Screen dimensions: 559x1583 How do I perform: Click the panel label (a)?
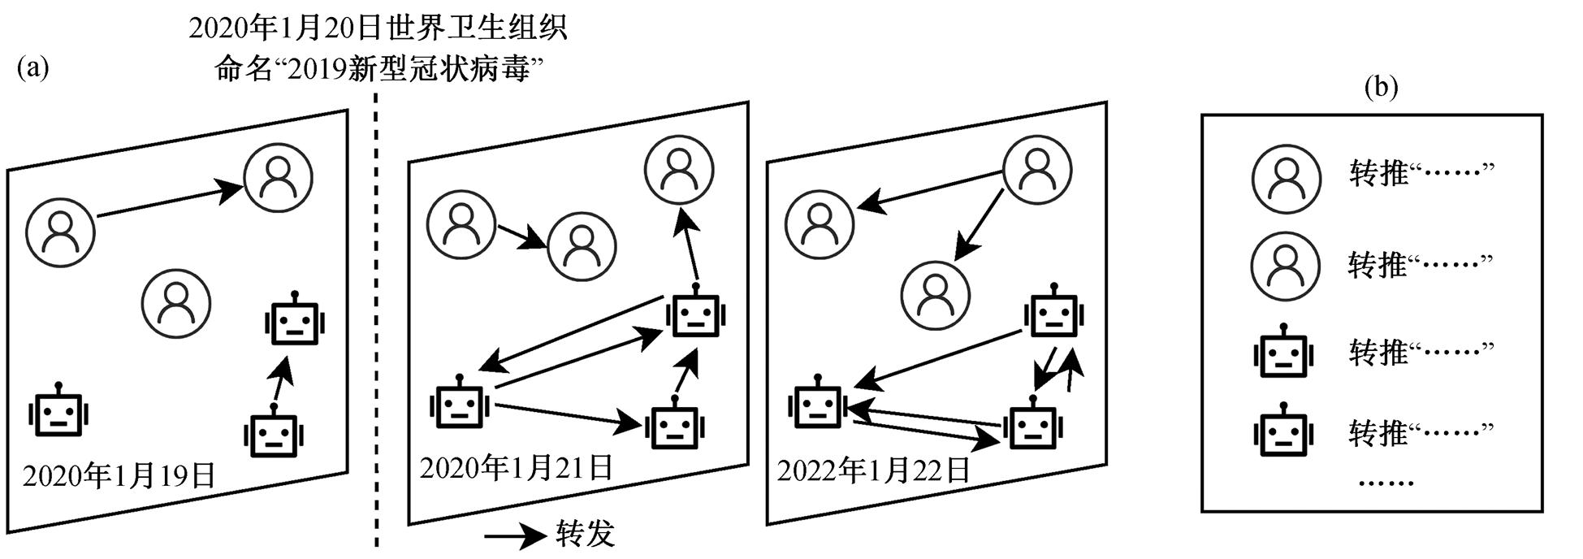(x=33, y=67)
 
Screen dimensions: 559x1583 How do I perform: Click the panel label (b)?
(x=1381, y=87)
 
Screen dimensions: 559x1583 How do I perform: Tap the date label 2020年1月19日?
(x=119, y=475)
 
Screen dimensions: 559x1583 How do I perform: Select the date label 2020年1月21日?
(x=517, y=467)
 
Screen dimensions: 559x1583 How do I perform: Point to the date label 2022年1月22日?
(x=874, y=470)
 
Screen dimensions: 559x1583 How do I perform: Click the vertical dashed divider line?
(x=376, y=325)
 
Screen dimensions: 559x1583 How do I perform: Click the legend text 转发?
(x=586, y=534)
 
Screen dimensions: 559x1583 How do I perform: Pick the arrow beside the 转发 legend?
(x=515, y=535)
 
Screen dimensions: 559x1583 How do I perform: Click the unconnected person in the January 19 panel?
(x=176, y=303)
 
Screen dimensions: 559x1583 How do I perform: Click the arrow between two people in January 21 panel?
(x=521, y=236)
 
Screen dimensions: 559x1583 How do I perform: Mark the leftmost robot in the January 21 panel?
(x=460, y=404)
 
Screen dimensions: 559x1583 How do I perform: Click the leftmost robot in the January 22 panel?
(x=818, y=404)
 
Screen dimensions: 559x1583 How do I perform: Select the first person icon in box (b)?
(x=1286, y=179)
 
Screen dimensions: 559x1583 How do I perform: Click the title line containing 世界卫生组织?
(x=378, y=28)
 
